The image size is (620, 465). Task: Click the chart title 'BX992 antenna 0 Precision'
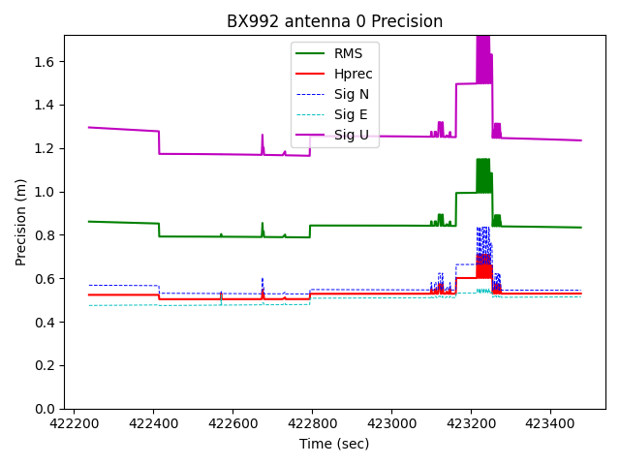click(334, 21)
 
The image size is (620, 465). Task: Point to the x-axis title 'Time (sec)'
click(334, 444)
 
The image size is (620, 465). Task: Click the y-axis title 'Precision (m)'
click(21, 222)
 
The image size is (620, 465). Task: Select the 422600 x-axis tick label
click(233, 423)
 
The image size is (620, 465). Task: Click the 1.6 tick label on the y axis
click(46, 62)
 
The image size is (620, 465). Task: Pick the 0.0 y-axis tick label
click(46, 409)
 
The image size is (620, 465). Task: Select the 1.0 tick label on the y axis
click(46, 192)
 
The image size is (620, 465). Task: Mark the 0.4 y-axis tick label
click(46, 323)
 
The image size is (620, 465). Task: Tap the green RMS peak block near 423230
click(483, 175)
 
